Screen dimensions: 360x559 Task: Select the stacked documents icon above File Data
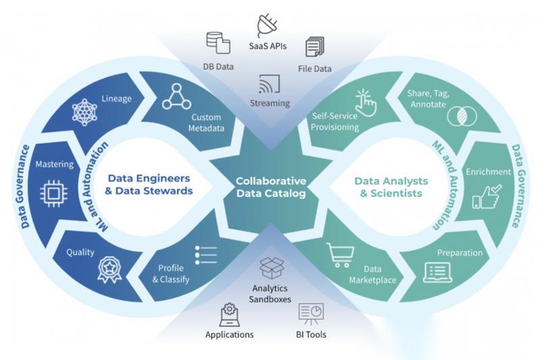pos(315,47)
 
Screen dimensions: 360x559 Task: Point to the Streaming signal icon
pos(269,84)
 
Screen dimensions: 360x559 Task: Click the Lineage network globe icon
pos(85,111)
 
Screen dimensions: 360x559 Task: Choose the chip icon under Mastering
pos(54,193)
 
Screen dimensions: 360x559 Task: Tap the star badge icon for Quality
pos(109,267)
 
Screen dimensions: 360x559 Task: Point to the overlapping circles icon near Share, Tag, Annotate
pos(459,115)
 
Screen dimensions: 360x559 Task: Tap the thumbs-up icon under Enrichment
pos(486,196)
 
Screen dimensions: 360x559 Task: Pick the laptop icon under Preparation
pos(436,271)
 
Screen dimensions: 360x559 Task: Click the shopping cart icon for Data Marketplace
pos(341,255)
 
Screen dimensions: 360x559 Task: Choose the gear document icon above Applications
pos(230,314)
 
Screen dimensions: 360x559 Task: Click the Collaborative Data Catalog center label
pos(270,187)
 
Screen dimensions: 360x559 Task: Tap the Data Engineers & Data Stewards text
pos(150,185)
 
